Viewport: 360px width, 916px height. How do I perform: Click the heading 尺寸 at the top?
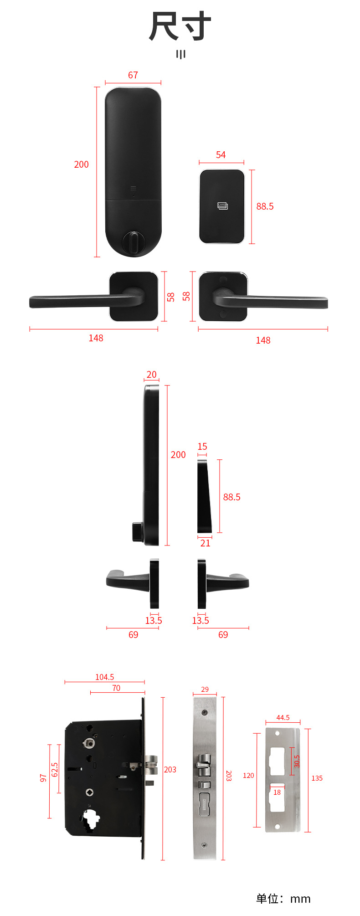180,27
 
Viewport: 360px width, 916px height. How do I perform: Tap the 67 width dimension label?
133,75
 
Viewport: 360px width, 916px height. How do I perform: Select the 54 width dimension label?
221,155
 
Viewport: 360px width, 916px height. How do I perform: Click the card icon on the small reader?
222,206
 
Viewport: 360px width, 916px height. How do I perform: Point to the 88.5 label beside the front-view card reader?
265,206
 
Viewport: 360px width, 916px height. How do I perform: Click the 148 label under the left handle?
96,338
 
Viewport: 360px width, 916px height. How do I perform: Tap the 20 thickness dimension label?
151,375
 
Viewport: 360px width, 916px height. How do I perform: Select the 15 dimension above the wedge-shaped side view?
202,447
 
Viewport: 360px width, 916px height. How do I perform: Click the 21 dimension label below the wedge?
206,543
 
